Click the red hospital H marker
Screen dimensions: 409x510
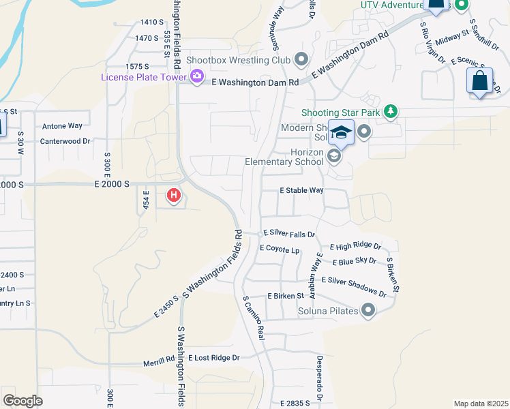[174, 196]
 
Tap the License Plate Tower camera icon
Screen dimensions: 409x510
[197, 76]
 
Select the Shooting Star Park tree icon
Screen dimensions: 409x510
[390, 111]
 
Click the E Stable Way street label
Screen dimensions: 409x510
[301, 191]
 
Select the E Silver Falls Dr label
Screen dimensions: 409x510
[289, 233]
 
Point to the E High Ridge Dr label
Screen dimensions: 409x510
[355, 246]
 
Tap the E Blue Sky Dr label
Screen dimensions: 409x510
[355, 261]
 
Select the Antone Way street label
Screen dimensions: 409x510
[62, 126]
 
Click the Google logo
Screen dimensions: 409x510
[22, 400]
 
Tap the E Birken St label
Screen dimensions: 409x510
[285, 296]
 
